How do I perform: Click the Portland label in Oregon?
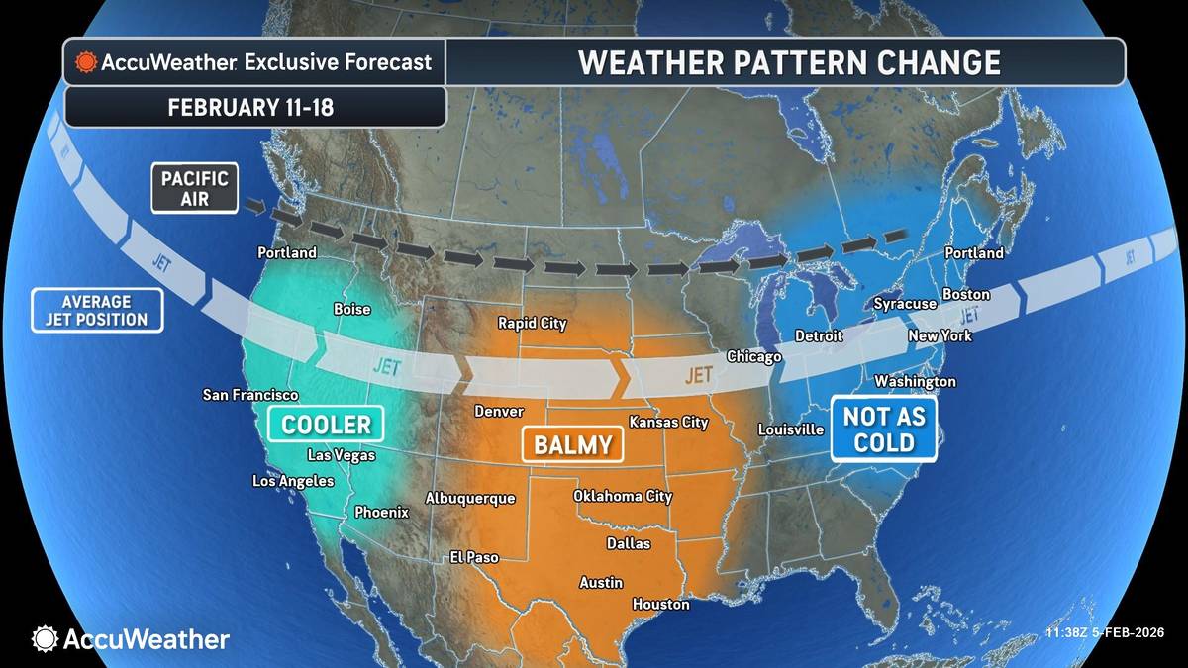(287, 252)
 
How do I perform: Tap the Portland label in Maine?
(974, 253)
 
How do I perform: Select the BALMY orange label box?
(573, 445)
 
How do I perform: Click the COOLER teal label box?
(326, 426)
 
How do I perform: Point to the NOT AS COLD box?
(884, 429)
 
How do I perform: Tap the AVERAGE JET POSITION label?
(97, 310)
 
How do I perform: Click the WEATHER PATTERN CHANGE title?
(788, 62)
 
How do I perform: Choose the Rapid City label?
(532, 323)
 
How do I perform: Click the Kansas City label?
(668, 423)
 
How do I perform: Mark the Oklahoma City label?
(623, 496)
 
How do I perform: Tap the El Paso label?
(474, 557)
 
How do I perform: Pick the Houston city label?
(660, 604)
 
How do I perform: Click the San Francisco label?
(250, 395)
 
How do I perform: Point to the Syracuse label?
(905, 304)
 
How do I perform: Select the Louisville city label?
(791, 429)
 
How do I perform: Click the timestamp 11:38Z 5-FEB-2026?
(1105, 633)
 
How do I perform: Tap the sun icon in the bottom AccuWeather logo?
(45, 639)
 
